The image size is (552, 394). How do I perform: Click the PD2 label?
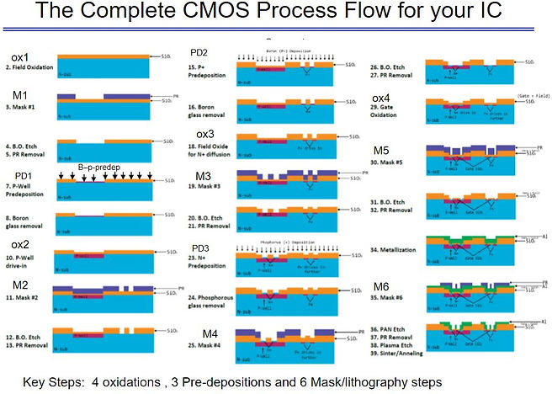pos(201,52)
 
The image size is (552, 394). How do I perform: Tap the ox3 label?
pos(206,134)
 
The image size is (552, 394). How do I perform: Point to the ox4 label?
pos(381,98)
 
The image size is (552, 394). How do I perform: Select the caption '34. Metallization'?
pos(395,250)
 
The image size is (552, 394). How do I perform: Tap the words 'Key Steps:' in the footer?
pos(56,381)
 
